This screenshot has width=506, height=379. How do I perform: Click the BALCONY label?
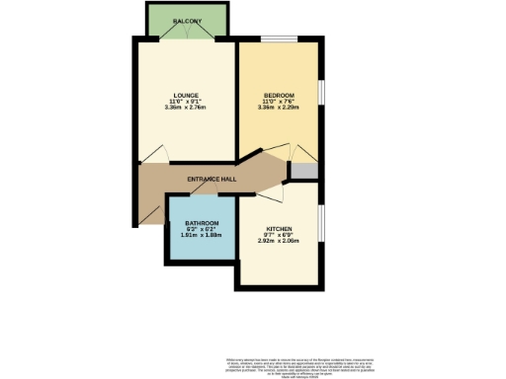(187, 20)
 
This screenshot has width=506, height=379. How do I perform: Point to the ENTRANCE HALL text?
(212, 179)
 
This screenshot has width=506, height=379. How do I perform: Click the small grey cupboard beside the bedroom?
(303, 170)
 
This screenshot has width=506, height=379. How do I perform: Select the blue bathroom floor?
(202, 248)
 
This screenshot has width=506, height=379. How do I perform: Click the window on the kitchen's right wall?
(321, 230)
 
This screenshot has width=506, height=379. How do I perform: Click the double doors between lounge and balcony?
(187, 38)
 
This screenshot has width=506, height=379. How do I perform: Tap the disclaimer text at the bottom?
(291, 363)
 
